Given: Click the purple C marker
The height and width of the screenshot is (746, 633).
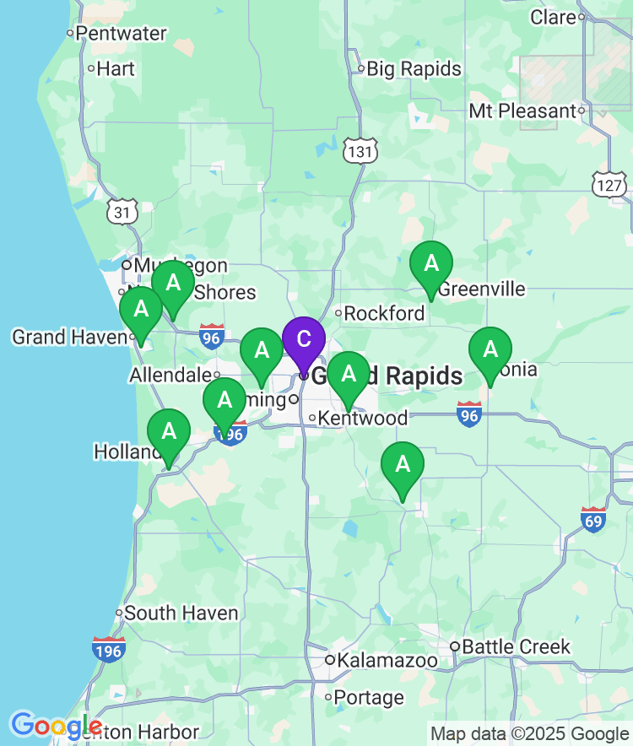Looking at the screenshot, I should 303,340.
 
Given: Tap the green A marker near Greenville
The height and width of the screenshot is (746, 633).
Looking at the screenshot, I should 430,264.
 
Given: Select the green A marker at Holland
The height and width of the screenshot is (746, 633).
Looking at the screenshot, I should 169,432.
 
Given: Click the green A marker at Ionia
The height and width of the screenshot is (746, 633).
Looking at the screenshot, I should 490,349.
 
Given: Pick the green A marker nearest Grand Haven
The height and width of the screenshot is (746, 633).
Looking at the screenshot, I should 141,310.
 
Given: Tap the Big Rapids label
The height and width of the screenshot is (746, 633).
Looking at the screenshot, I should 414,68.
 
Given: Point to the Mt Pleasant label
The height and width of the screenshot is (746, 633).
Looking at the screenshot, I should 522,111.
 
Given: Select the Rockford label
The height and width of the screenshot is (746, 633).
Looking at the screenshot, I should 384,313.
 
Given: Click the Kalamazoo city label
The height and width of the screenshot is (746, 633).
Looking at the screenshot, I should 387,660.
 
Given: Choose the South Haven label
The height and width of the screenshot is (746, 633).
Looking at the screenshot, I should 181,613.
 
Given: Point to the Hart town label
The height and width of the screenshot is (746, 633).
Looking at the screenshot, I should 116,68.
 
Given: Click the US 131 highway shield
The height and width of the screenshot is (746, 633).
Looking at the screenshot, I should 360,152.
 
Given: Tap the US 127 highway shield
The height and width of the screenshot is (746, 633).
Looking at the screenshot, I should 609,185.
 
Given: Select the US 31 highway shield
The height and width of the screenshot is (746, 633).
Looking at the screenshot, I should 122,213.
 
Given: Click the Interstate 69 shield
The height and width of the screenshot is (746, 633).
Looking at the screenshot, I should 593,521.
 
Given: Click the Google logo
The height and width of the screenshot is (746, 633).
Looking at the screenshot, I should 56,725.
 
